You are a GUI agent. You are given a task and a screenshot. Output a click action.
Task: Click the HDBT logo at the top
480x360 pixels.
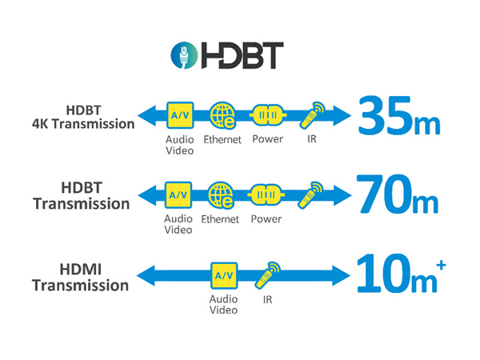click(227, 55)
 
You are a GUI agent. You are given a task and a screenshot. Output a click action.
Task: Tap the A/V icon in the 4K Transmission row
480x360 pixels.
click(178, 114)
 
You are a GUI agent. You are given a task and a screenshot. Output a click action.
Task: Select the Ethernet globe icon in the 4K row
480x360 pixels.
click(222, 115)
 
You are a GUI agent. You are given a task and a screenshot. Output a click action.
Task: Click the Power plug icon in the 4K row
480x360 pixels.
click(267, 115)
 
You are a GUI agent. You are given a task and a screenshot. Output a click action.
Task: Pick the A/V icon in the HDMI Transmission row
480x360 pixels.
click(223, 276)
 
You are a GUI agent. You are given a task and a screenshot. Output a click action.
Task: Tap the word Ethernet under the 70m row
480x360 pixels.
click(222, 218)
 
